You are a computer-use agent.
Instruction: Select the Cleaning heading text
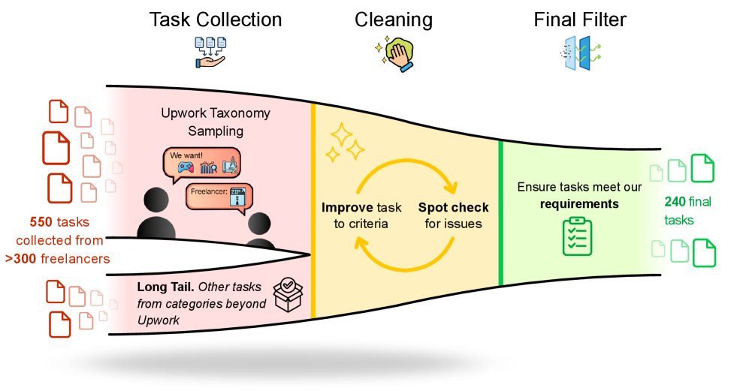click(394, 20)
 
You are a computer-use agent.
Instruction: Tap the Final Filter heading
click(581, 20)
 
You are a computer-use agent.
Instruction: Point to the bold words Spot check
click(453, 207)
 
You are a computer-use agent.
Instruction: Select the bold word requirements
click(580, 203)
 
